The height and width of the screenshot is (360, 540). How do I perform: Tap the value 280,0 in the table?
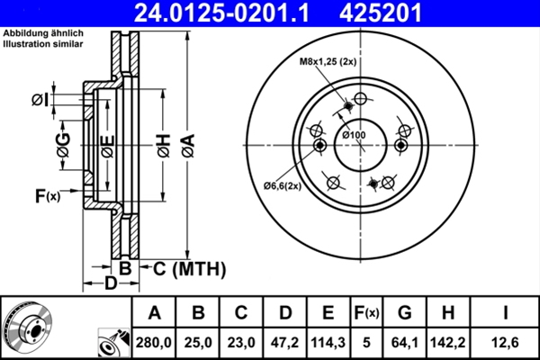pyautogui.click(x=154, y=343)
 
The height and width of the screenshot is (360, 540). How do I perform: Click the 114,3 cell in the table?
pyautogui.click(x=328, y=343)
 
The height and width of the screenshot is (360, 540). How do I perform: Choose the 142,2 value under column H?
pyautogui.click(x=448, y=343)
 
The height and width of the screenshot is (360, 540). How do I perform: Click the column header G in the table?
pyautogui.click(x=404, y=313)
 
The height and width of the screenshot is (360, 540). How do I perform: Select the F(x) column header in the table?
pyautogui.click(x=366, y=313)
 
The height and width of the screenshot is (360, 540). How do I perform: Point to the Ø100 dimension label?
pyautogui.click(x=354, y=135)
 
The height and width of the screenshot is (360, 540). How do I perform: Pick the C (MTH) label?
pyautogui.click(x=189, y=268)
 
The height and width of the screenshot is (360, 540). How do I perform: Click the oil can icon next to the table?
pyautogui.click(x=114, y=342)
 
